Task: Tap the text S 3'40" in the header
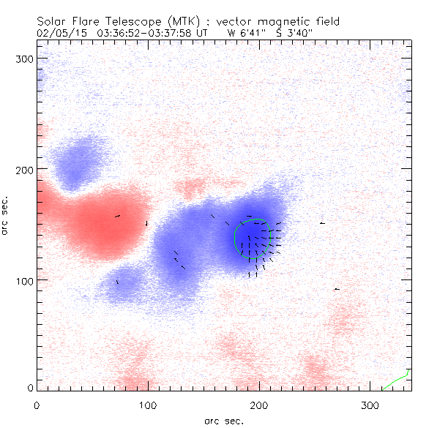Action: point(294,32)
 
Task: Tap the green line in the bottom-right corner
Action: point(395,381)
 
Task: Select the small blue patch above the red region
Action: point(77,161)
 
